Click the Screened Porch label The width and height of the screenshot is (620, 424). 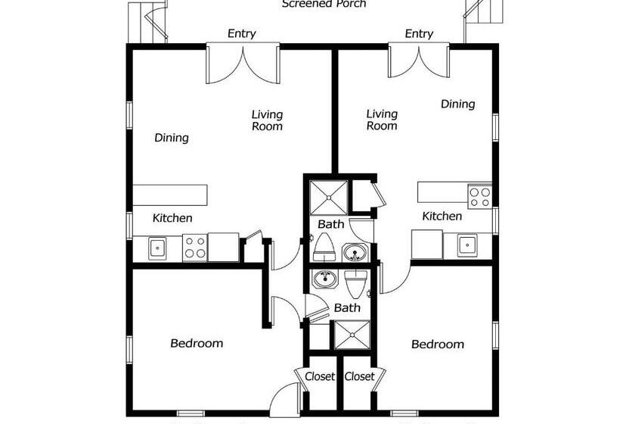(324, 5)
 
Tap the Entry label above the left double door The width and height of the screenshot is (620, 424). (241, 34)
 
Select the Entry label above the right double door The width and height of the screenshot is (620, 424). (418, 34)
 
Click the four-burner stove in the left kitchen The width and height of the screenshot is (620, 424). (194, 248)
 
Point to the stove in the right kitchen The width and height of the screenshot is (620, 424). (479, 195)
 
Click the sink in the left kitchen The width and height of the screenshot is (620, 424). (158, 247)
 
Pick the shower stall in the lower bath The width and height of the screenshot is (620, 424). (350, 334)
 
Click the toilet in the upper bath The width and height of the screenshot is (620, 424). (324, 245)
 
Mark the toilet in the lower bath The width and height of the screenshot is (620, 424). (355, 282)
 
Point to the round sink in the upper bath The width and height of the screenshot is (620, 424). (354, 252)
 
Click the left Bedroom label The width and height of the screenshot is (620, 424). (197, 343)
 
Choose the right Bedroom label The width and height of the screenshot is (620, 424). (437, 344)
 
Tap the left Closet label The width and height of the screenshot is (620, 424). (320, 376)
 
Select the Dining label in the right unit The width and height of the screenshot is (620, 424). (457, 104)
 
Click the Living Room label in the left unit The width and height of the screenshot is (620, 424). (267, 120)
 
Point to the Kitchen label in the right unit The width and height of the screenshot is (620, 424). (442, 217)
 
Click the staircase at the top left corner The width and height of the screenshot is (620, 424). (146, 21)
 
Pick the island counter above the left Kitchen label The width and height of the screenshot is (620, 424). (170, 194)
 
